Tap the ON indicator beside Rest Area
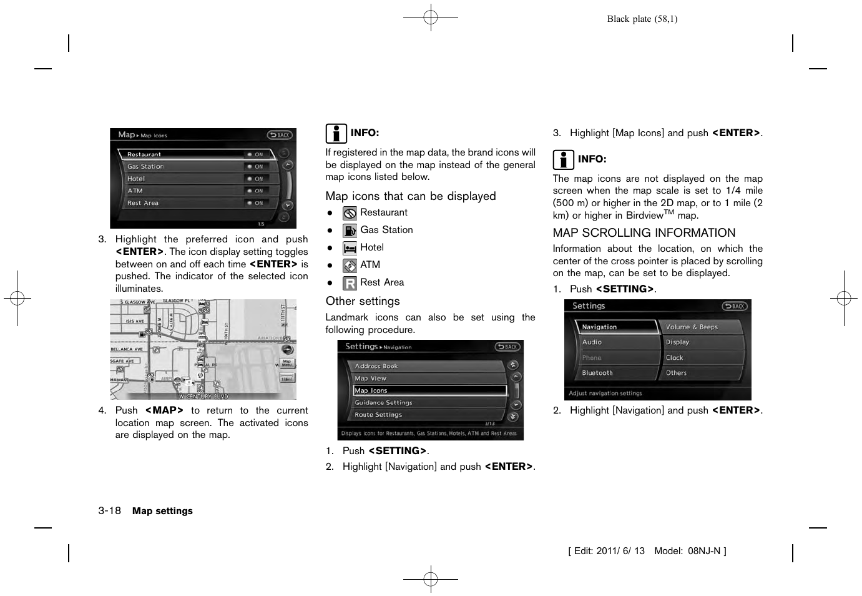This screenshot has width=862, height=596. (255, 203)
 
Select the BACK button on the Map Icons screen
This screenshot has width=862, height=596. (280, 135)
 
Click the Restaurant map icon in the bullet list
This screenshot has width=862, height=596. (350, 213)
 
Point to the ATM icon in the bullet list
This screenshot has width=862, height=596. (350, 266)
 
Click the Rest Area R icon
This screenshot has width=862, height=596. (350, 283)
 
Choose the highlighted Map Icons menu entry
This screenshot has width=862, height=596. (429, 390)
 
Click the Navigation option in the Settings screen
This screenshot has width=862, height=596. (615, 327)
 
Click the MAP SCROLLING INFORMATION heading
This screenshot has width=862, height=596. (644, 233)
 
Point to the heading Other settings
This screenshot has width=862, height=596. (362, 301)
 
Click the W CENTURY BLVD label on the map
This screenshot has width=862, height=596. (203, 396)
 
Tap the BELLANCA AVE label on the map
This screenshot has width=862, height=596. (127, 349)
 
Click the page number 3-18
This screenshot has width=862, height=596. (109, 510)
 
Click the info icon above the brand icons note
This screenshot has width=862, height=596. (335, 134)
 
